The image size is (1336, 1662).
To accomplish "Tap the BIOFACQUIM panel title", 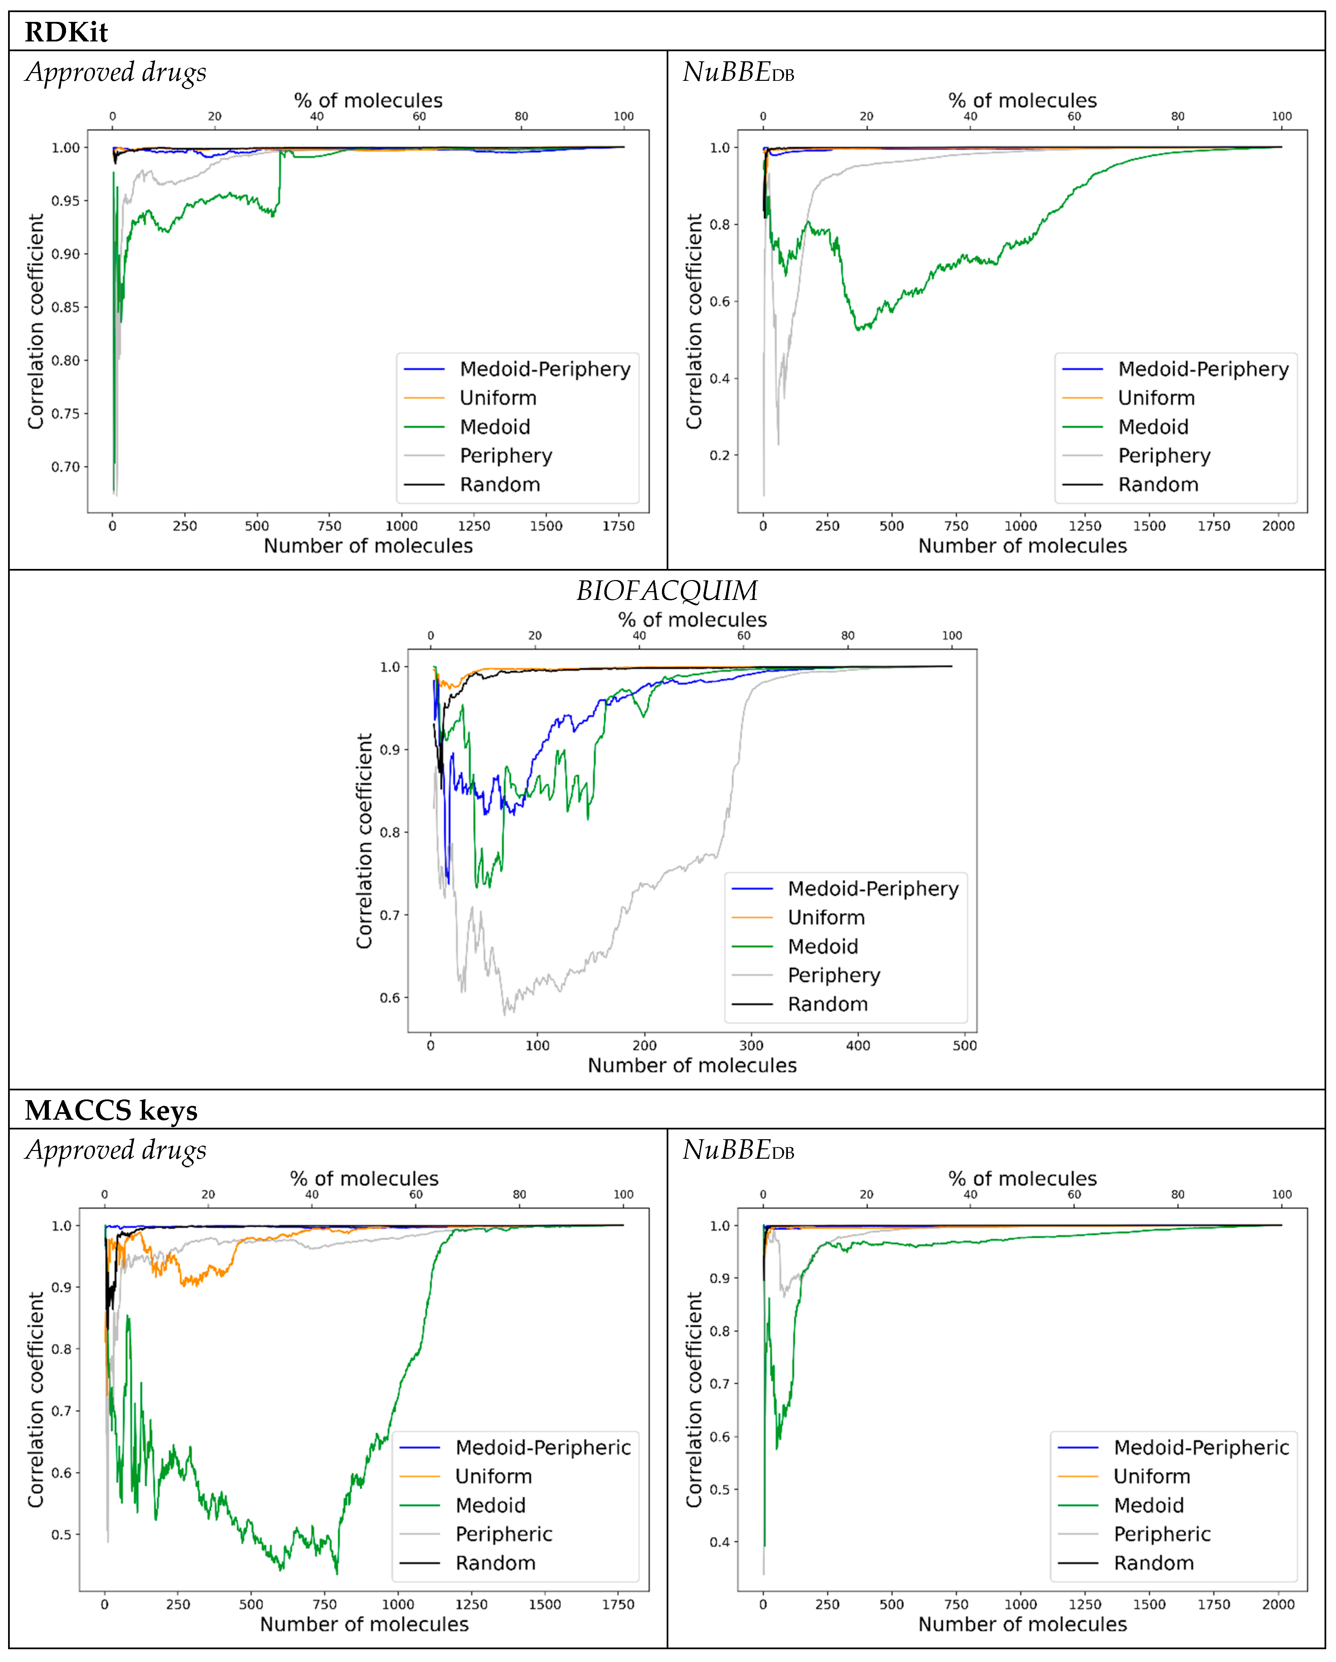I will pos(667,590).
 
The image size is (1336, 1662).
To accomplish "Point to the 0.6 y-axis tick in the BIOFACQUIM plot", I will pos(390,997).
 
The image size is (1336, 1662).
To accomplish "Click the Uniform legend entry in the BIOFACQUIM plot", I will pos(826,917).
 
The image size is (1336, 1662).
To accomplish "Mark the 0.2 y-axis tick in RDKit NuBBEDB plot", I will pos(719,455).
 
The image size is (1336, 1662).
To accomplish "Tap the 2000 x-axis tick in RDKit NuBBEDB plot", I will pos(1277,526).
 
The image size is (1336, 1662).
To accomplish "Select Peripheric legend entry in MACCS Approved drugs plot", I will pos(503,1534).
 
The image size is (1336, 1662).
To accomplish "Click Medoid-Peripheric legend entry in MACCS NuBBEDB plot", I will pos(1200,1447).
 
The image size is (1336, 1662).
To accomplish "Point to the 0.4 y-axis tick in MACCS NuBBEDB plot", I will pos(719,1542).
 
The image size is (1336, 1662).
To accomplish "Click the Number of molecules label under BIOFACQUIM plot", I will pos(692,1065).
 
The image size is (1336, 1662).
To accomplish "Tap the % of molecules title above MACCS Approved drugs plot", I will pos(364,1178).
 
